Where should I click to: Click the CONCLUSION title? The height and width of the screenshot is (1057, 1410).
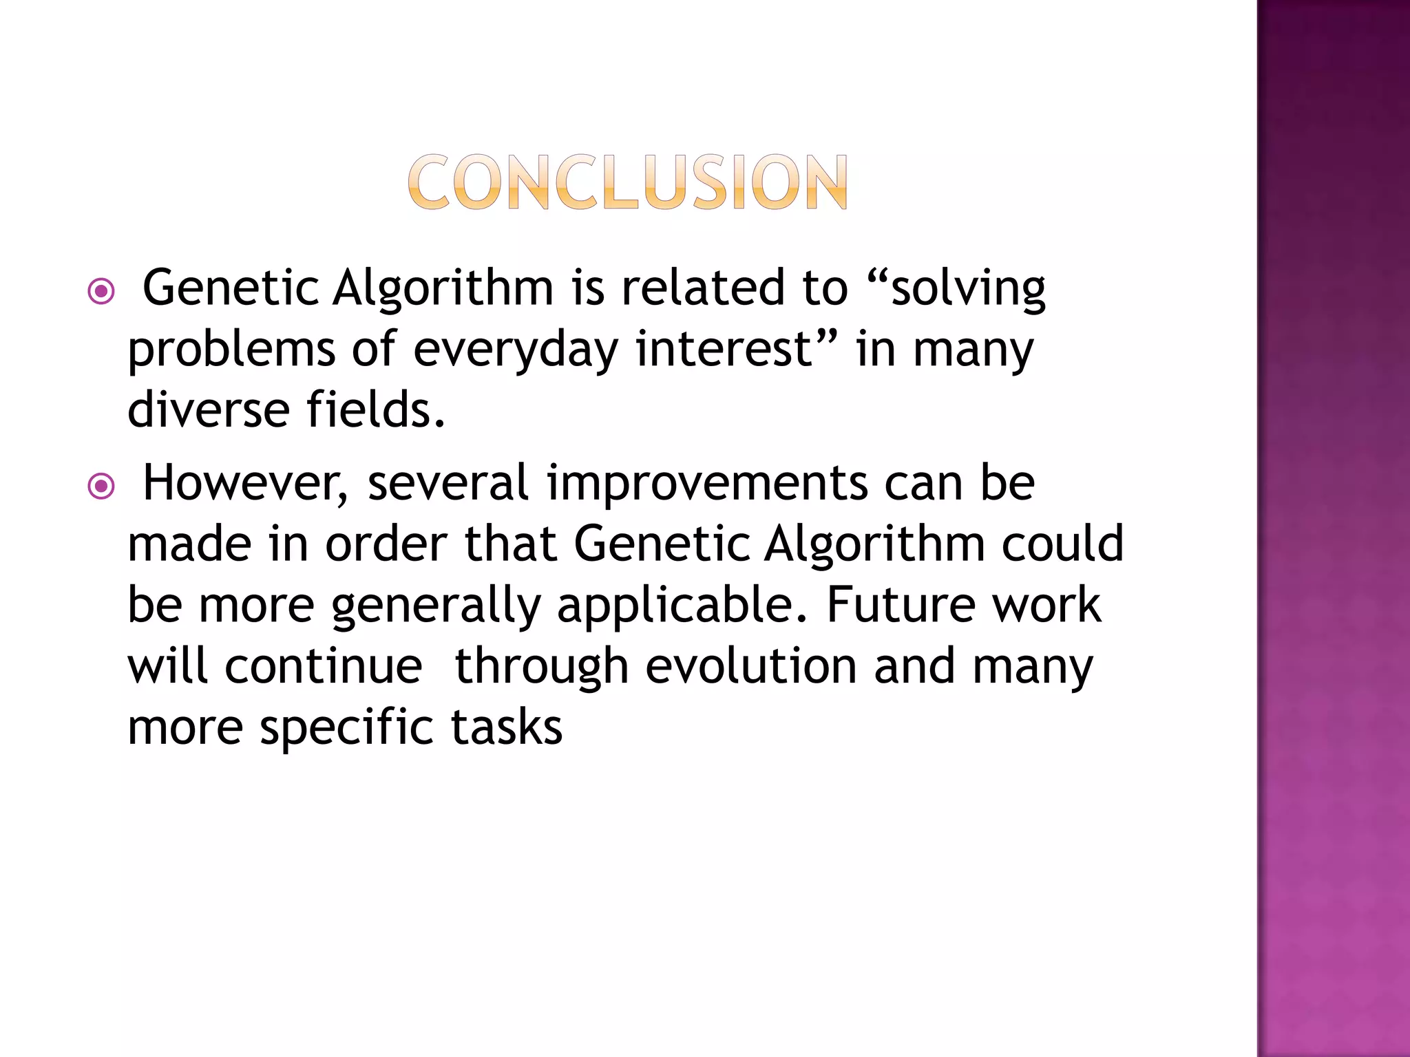[627, 182]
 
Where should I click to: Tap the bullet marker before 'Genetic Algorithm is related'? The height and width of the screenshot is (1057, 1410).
[101, 292]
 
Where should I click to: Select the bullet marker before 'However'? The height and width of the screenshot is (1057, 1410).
[101, 487]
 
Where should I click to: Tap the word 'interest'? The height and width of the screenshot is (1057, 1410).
[726, 349]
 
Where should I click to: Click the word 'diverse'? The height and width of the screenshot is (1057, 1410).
[209, 410]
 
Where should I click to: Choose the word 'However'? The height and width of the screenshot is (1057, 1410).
[245, 483]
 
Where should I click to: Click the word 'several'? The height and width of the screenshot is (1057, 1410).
[448, 483]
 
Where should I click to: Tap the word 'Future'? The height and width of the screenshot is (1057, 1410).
[901, 605]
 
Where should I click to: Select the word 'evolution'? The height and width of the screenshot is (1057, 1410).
[751, 666]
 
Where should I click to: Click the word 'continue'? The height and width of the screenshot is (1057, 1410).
[324, 666]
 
